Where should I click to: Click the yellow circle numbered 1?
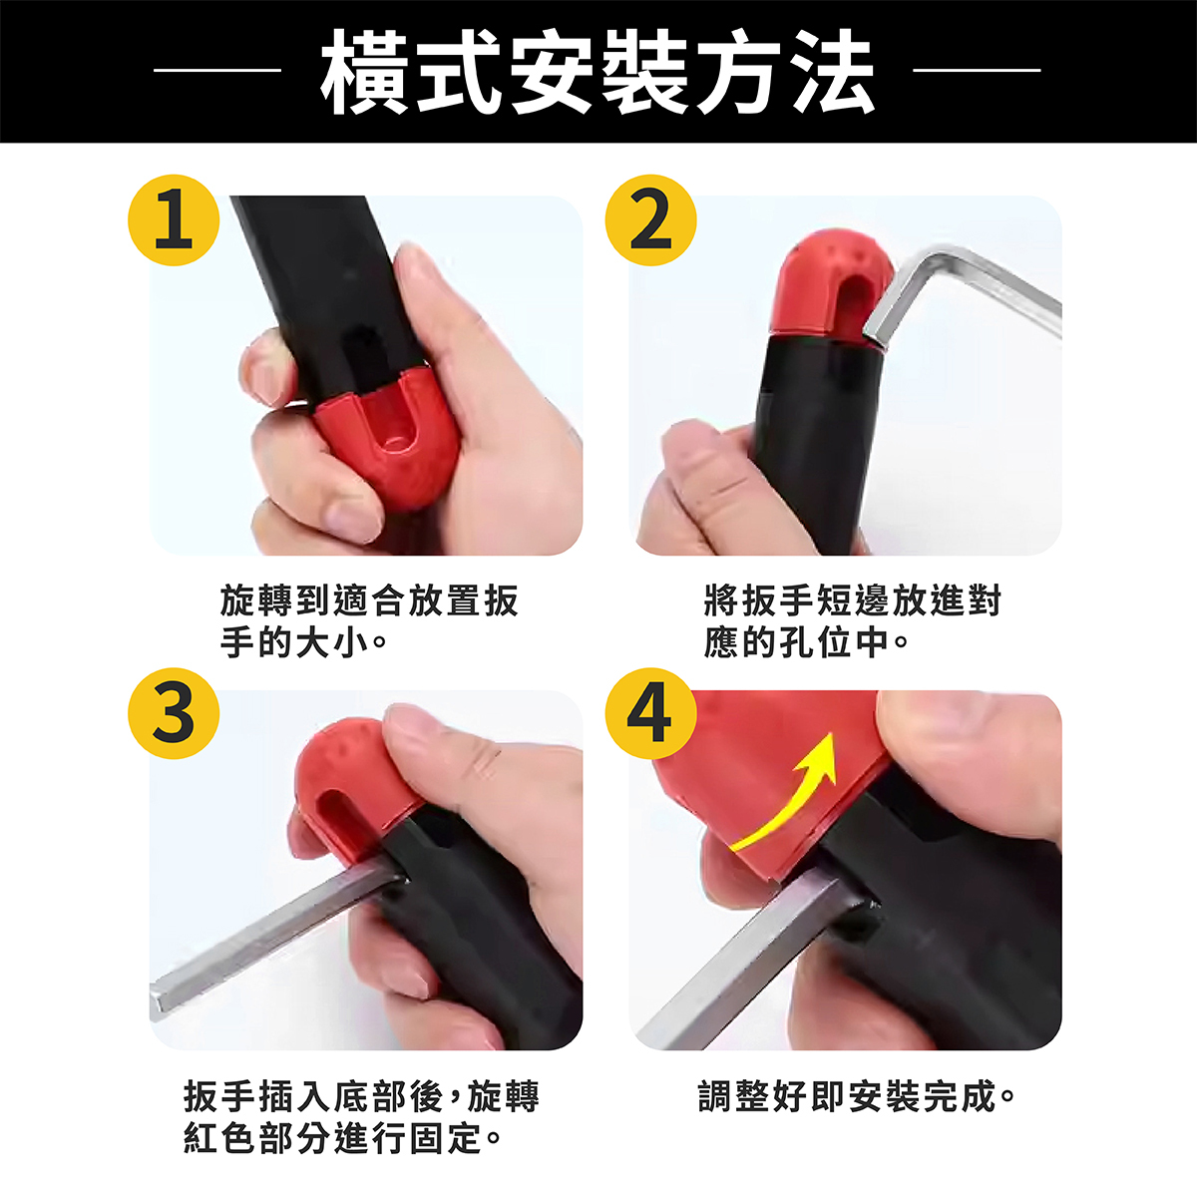(174, 220)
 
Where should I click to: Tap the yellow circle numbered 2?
(651, 220)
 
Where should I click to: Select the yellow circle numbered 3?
(174, 713)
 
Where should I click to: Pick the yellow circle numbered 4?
(651, 713)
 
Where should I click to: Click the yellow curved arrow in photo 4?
(801, 801)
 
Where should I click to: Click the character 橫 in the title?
(366, 72)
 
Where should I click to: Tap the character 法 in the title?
(829, 72)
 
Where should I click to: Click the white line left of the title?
(216, 70)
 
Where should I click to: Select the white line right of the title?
(977, 70)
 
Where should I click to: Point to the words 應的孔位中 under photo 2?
(797, 641)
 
